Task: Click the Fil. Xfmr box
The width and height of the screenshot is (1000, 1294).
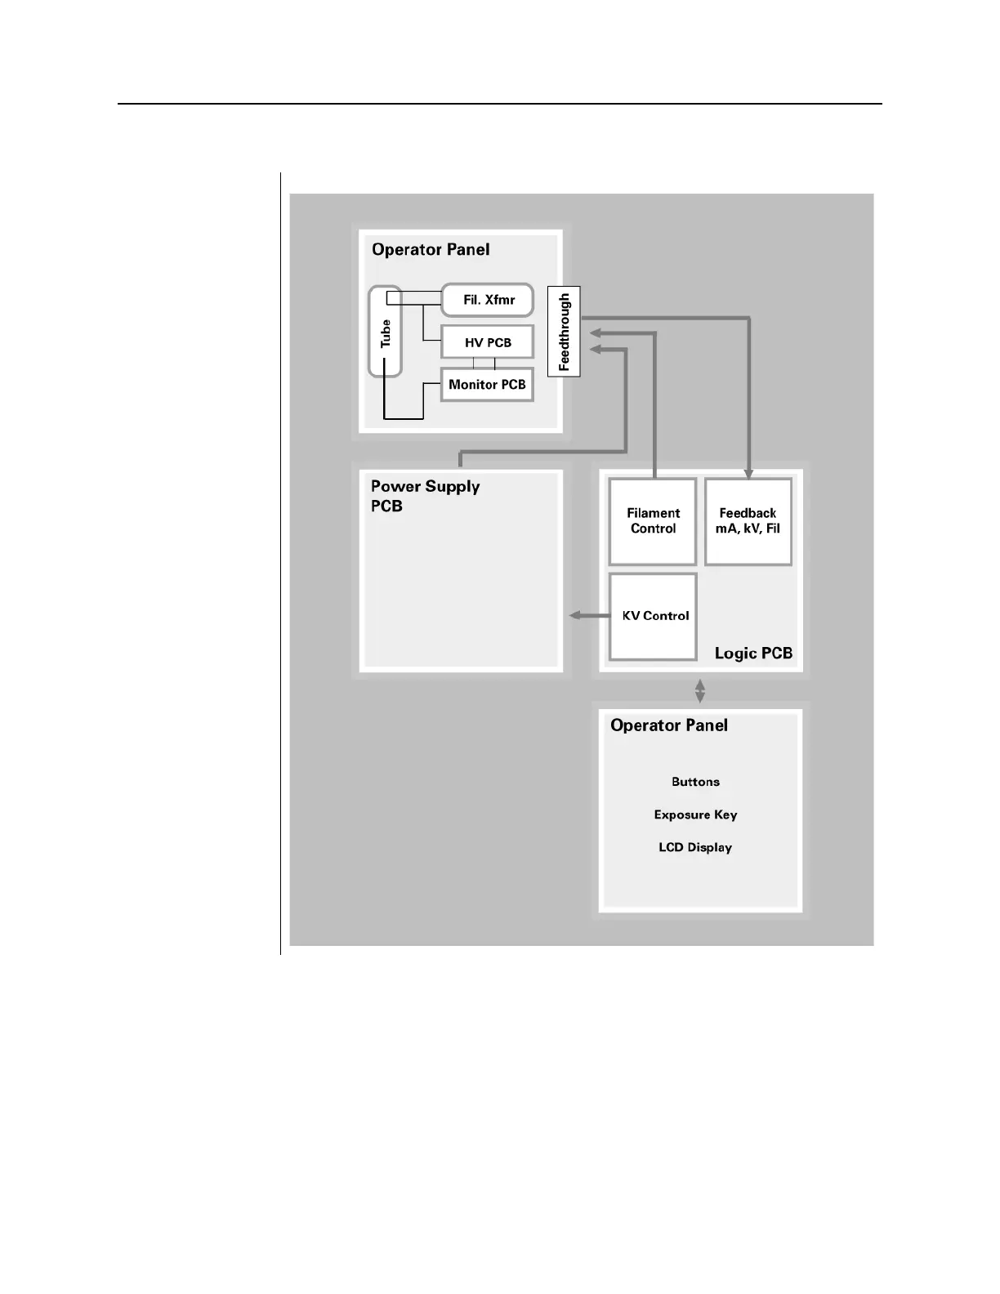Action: [x=488, y=300]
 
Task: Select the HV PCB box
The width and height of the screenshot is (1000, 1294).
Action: [x=488, y=342]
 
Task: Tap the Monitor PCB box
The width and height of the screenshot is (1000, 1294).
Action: [x=487, y=385]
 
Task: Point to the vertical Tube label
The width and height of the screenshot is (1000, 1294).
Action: [x=386, y=332]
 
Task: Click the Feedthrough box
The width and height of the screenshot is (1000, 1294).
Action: [x=564, y=332]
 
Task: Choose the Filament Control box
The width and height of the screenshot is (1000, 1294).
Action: [x=653, y=521]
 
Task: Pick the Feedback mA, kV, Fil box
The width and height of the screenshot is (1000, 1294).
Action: [x=748, y=521]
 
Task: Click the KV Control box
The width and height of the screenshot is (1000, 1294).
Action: [x=654, y=616]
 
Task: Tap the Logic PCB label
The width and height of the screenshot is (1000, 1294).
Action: [x=753, y=654]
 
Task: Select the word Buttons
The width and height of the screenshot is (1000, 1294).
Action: [x=695, y=782]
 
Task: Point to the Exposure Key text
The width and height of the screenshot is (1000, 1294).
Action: [x=695, y=814]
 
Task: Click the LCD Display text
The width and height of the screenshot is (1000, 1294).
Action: [x=695, y=847]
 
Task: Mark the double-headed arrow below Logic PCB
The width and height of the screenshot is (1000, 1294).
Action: [x=700, y=691]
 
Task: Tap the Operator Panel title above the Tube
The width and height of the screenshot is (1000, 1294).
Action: [x=431, y=250]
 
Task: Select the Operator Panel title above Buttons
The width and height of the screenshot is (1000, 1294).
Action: [x=669, y=725]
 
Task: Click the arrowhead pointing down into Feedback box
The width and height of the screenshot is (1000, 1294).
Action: [x=748, y=473]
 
